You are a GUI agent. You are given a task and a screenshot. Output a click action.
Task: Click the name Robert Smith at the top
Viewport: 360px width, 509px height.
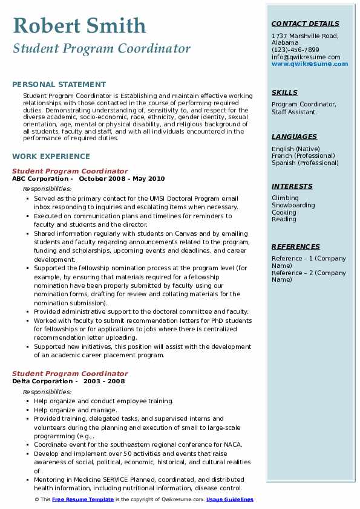[x=79, y=26]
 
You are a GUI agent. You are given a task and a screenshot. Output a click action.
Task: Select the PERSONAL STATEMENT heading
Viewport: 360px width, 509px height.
[x=59, y=85]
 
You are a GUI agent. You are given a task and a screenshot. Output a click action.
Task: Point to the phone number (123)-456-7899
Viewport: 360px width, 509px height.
[x=295, y=50]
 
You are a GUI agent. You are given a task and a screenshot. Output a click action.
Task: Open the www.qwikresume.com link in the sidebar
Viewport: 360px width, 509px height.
[x=306, y=63]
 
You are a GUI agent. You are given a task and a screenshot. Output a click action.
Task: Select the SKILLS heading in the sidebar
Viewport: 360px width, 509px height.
[x=284, y=92]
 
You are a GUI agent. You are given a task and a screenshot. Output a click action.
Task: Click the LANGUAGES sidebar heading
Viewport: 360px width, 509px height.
[x=294, y=137]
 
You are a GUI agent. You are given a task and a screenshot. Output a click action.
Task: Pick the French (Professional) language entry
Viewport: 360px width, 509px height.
[x=303, y=156]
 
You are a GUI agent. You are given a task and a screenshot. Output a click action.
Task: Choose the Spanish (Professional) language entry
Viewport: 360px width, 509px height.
[x=305, y=163]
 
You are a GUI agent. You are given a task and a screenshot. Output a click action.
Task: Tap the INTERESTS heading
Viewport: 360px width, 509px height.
[x=292, y=186]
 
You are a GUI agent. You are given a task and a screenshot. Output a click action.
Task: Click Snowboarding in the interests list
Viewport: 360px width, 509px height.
[x=293, y=206]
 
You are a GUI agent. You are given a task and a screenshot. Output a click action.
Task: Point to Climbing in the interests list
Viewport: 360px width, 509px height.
[x=285, y=198]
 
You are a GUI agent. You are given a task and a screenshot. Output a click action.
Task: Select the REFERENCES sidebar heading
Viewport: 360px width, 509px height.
[x=296, y=247]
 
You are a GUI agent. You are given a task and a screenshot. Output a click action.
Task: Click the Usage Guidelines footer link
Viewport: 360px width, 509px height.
[x=230, y=499]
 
